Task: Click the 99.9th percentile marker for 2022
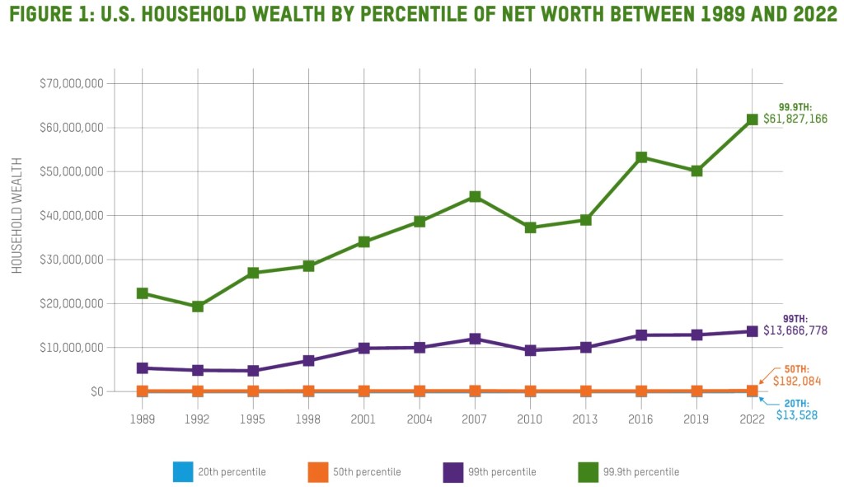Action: [x=753, y=119]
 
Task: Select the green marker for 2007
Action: [x=476, y=197]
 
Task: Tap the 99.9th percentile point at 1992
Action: [x=198, y=307]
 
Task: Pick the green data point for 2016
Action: [x=642, y=157]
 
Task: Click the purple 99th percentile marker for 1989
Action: [x=143, y=368]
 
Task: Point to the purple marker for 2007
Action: [x=476, y=339]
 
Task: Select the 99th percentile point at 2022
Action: [x=753, y=331]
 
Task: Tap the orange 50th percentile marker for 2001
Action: [x=364, y=391]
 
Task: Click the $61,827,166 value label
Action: [x=795, y=119]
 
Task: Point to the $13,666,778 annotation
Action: [x=795, y=330]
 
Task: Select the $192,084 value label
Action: [x=791, y=382]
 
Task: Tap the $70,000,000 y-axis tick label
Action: [x=71, y=84]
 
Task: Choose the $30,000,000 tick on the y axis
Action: [x=71, y=260]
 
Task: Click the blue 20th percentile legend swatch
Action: [x=182, y=472]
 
